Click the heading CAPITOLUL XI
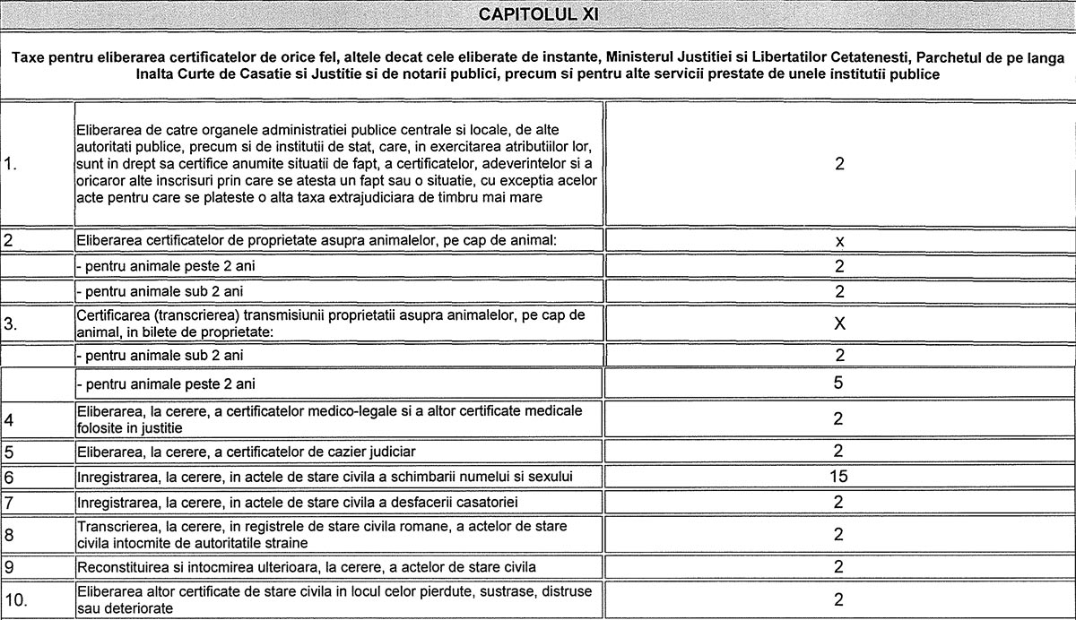point(538,14)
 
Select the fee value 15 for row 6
point(838,476)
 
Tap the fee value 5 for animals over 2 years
point(839,383)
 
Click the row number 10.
point(15,599)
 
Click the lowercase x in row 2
point(839,241)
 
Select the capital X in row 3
point(839,324)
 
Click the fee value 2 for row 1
point(839,164)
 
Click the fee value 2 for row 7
point(838,501)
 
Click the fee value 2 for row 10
point(838,599)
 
